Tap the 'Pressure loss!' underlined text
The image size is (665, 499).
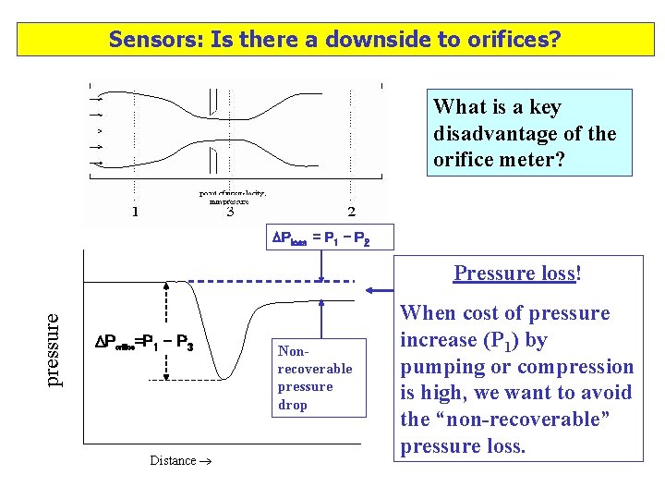click(516, 273)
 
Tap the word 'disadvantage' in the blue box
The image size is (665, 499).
click(490, 134)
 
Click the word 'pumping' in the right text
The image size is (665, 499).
click(440, 367)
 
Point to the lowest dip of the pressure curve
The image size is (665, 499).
click(222, 375)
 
